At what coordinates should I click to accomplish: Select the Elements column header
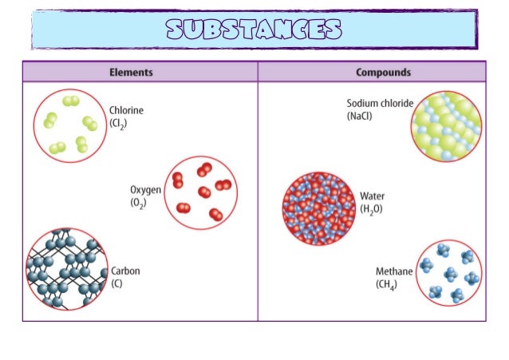tap(131, 72)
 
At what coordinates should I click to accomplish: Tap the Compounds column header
tap(383, 72)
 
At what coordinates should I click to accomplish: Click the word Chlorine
tap(126, 111)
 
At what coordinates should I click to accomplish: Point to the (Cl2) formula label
tap(119, 124)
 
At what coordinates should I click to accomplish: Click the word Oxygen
tap(146, 190)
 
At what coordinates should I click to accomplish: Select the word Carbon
tap(125, 271)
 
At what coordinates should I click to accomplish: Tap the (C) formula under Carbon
tap(117, 283)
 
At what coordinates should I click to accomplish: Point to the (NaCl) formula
tap(359, 117)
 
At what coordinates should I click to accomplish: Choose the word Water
tap(373, 196)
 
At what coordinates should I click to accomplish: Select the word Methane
tap(394, 271)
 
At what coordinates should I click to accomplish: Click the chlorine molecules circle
tap(70, 125)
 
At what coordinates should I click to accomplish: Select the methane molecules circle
tap(449, 272)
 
